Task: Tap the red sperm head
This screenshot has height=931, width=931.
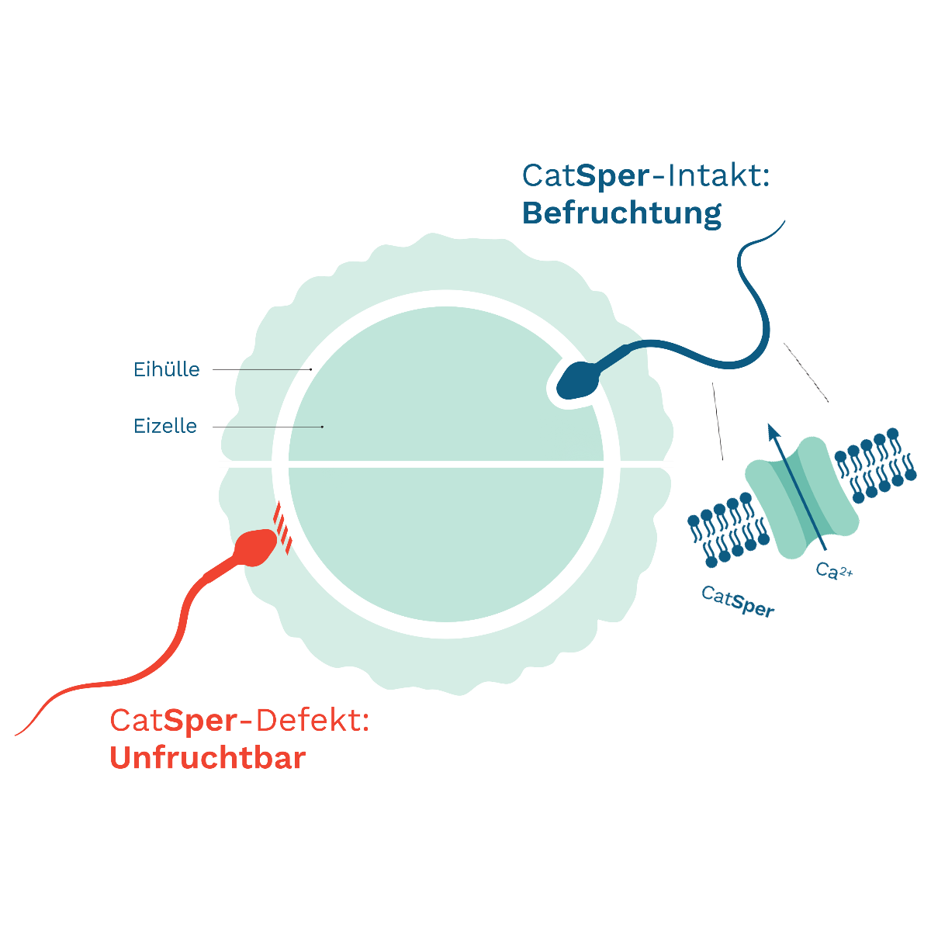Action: click(254, 546)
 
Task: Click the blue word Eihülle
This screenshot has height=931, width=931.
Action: click(167, 369)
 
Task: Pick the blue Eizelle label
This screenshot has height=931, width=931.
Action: click(165, 426)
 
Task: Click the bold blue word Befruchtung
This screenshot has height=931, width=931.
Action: click(621, 213)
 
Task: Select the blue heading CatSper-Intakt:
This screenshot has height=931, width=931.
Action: click(645, 175)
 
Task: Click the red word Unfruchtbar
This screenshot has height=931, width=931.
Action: click(208, 758)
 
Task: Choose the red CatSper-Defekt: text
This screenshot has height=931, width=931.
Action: click(239, 722)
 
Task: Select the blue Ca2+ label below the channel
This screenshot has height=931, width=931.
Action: click(836, 573)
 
